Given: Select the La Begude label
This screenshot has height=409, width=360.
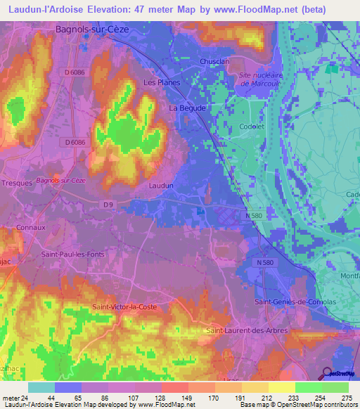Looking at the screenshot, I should (188, 108).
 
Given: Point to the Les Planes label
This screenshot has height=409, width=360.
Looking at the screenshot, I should (162, 82).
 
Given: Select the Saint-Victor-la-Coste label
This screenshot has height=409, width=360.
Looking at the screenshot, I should (124, 307).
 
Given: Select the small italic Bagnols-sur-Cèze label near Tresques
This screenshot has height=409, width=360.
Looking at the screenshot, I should (60, 181).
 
